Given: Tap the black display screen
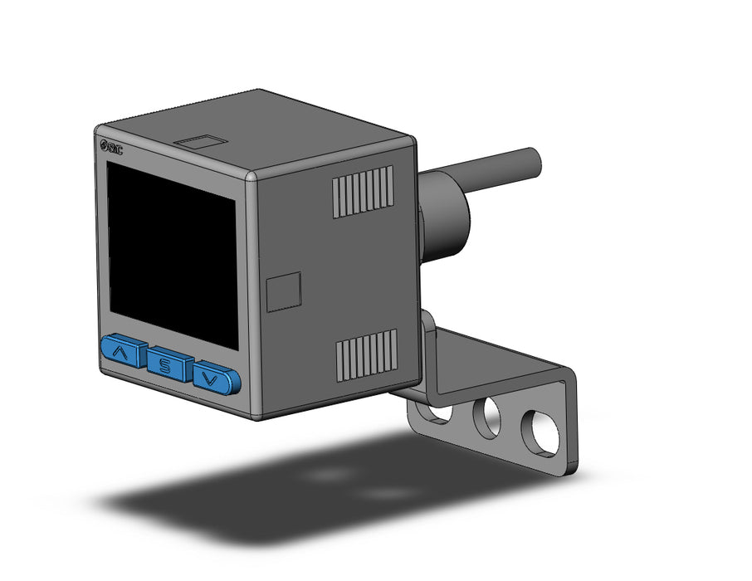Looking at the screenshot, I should click(172, 253).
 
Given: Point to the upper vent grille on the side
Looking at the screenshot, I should click(363, 192).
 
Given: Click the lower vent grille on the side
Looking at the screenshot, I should click(365, 354).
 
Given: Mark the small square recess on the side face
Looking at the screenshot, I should click(283, 292).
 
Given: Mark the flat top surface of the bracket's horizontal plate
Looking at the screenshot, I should click(498, 357).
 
